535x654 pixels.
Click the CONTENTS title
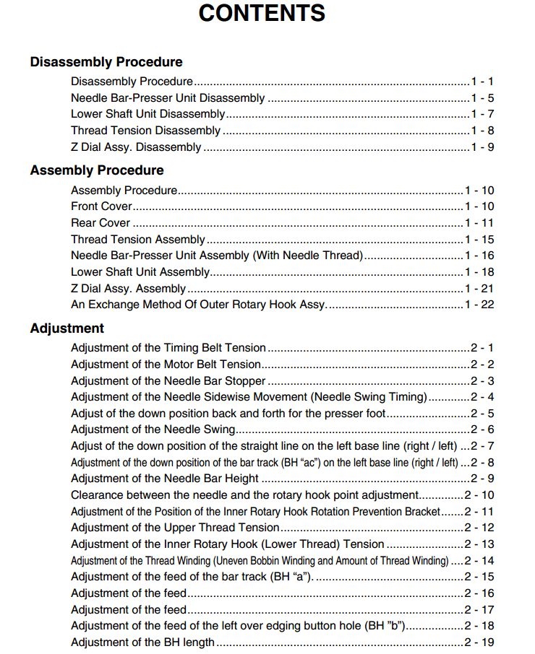tap(262, 13)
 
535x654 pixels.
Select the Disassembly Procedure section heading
tap(106, 62)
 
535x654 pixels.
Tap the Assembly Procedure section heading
tap(97, 170)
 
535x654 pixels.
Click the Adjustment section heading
tap(67, 328)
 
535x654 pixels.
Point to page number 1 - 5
tap(482, 98)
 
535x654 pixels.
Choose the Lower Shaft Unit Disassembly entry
tap(147, 114)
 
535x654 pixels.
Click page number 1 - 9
tap(482, 147)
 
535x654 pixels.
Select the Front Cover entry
tap(101, 206)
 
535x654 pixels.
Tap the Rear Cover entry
tap(100, 223)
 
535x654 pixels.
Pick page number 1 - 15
tap(479, 240)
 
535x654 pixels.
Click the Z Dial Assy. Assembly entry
tap(128, 289)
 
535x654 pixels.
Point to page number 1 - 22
tap(479, 305)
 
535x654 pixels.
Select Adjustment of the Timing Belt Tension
tap(168, 348)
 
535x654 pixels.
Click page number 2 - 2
tap(482, 365)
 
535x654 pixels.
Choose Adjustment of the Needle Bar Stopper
tap(168, 381)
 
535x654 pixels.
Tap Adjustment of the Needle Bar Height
tap(165, 479)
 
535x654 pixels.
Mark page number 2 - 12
tap(479, 528)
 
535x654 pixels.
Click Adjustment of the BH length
tap(142, 642)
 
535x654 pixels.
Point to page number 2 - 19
tap(479, 642)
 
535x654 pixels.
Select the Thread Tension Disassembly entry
tap(145, 131)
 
